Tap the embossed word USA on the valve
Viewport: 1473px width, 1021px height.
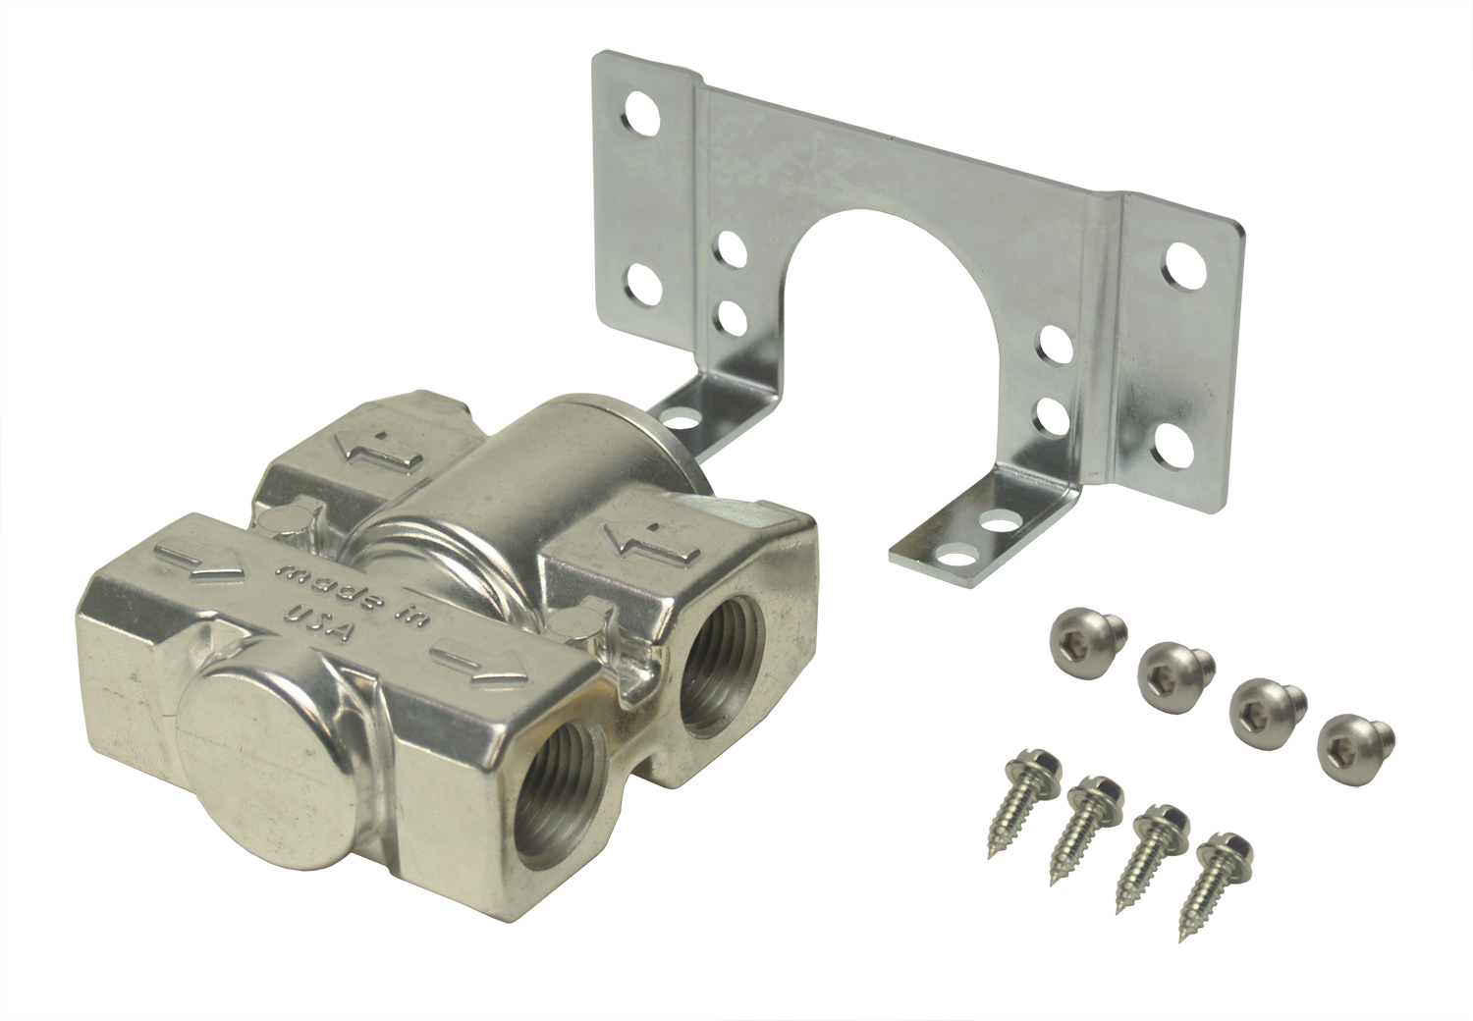click(322, 622)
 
